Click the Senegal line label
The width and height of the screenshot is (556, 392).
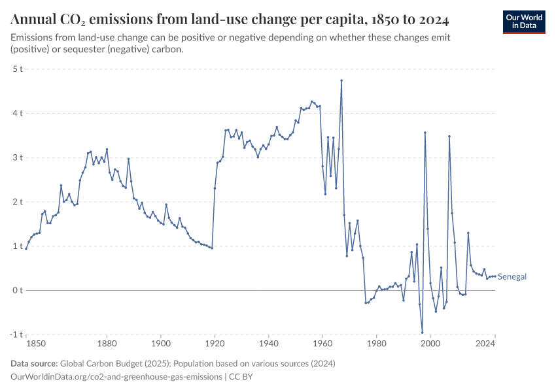coord(512,276)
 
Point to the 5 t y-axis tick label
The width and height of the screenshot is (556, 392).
coord(18,69)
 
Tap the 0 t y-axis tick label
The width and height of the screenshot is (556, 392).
coord(18,290)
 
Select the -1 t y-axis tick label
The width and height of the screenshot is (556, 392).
coord(16,335)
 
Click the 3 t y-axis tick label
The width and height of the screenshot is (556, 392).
coord(18,157)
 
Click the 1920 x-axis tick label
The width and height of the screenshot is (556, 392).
coord(215,344)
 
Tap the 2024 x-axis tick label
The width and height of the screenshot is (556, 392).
coord(485,344)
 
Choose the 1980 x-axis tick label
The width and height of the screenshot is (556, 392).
coord(376,344)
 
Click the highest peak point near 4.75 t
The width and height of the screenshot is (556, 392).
coord(341,80)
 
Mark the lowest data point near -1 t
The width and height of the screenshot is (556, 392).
coord(423,333)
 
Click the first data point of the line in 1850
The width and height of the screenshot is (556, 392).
coord(26,248)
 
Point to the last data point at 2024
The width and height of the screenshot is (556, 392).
coord(495,276)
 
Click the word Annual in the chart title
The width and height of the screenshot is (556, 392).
coord(33,16)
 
